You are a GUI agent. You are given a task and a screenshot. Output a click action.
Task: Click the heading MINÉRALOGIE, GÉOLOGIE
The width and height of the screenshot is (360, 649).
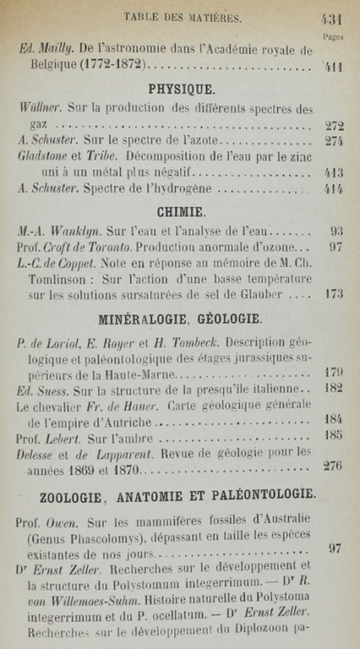pyautogui.click(x=180, y=320)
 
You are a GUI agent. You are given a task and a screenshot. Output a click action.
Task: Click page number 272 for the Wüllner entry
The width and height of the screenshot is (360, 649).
pyautogui.click(x=332, y=125)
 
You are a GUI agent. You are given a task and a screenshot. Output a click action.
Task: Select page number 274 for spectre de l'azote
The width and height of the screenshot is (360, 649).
pyautogui.click(x=332, y=142)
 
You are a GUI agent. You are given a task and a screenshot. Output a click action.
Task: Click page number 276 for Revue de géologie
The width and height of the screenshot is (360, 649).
pyautogui.click(x=332, y=467)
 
